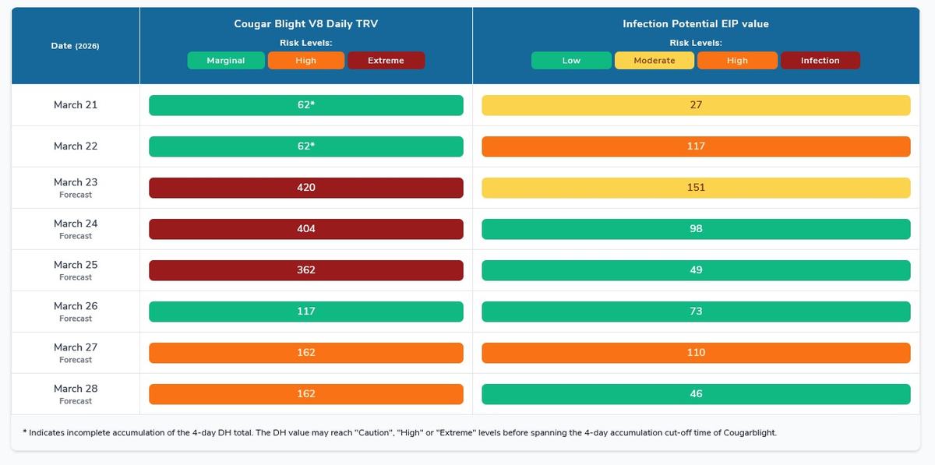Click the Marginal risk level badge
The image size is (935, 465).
point(226,61)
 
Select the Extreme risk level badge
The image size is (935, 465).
point(386,61)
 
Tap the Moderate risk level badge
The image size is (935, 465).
point(654,61)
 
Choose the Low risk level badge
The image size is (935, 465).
point(571,61)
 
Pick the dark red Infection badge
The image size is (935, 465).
point(820,61)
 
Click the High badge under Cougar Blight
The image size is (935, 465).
point(306,61)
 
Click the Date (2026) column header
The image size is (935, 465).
point(75,46)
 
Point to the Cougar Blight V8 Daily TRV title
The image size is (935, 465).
point(306,24)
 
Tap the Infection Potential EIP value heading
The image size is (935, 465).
point(696,24)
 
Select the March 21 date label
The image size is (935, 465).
point(76,105)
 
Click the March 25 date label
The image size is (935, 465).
point(76,265)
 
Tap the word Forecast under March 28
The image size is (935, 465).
point(76,401)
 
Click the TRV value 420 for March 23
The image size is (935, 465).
point(306,188)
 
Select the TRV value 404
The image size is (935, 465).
point(306,229)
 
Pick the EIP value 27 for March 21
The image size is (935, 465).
point(696,105)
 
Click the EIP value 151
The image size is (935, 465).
point(696,188)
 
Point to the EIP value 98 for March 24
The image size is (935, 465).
point(696,229)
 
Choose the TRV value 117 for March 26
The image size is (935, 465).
point(306,312)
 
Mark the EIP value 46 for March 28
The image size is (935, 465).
point(696,394)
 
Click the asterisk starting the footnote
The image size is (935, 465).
point(25,432)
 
